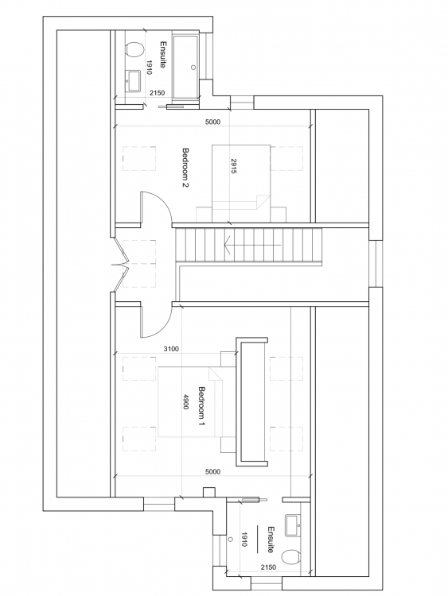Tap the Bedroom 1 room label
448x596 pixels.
point(202,406)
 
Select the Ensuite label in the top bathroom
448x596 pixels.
point(163,54)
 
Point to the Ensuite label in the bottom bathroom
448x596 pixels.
point(271,540)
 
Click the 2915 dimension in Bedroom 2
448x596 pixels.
point(234,166)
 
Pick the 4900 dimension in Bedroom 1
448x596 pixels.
point(186,402)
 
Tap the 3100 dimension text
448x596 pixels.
point(171,349)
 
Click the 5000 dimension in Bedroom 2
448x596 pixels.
point(212,122)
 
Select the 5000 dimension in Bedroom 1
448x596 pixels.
point(212,472)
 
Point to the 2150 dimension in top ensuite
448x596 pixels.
point(158,93)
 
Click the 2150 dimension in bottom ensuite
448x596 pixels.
point(268,567)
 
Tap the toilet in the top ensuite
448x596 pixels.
point(134,50)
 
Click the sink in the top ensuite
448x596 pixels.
point(133,81)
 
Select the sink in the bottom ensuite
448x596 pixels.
point(293,525)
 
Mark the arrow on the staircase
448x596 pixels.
point(252,246)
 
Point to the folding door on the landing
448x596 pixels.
point(120,263)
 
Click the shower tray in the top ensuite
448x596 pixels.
point(185,68)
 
